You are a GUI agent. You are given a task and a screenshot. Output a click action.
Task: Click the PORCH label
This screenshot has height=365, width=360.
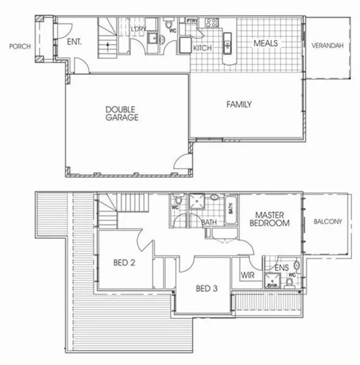tap(16, 47)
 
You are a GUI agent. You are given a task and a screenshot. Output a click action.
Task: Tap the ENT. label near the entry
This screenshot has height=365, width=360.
tap(74, 42)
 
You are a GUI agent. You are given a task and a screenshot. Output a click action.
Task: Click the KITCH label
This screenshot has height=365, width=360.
tap(203, 47)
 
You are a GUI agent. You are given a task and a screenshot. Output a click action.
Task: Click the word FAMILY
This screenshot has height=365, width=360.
tap(239, 104)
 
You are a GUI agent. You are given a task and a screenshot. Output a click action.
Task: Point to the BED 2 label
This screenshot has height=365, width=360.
tap(124, 262)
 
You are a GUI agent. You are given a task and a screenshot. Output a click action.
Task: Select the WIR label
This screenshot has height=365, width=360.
tap(248, 274)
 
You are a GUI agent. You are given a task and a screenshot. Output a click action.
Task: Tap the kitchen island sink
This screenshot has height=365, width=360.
tap(227, 45)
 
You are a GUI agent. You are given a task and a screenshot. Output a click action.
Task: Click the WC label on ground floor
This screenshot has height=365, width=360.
tap(172, 31)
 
